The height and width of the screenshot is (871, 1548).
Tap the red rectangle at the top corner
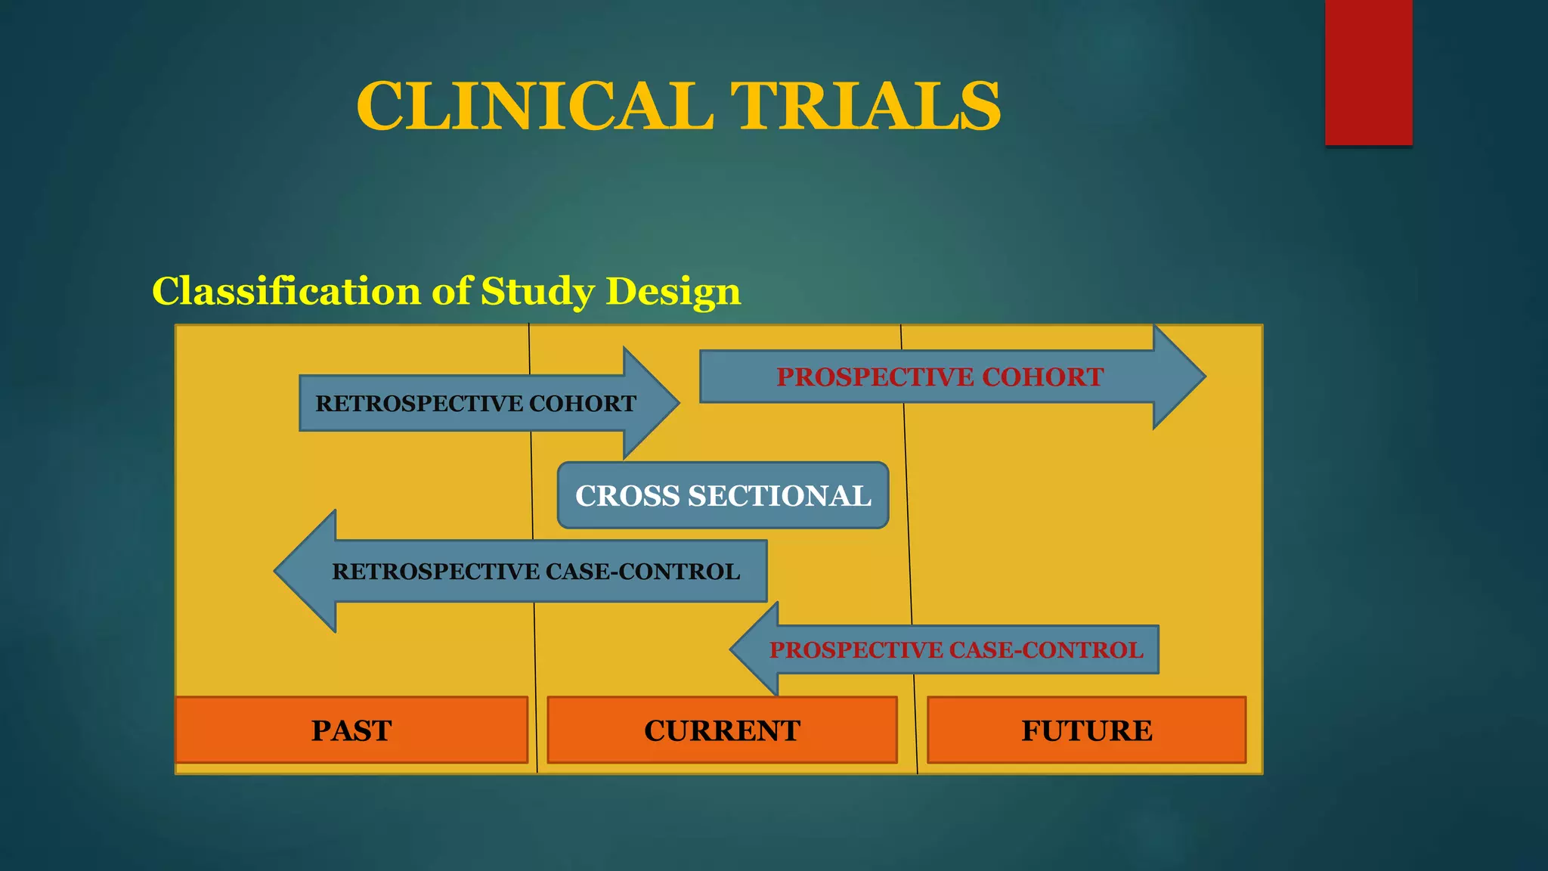(1368, 72)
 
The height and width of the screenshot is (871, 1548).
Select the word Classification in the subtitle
(286, 291)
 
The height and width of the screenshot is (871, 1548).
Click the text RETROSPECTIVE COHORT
(475, 404)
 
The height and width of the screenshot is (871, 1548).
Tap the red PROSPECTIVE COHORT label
(940, 377)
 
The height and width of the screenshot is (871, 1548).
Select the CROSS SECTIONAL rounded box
(723, 495)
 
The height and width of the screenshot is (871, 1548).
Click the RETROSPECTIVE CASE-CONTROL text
(535, 572)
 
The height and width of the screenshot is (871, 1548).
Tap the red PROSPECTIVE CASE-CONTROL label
(956, 650)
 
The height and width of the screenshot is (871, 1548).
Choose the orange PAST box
(351, 730)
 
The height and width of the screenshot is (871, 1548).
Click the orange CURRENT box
(722, 730)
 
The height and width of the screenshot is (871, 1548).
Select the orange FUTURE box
(1086, 730)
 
